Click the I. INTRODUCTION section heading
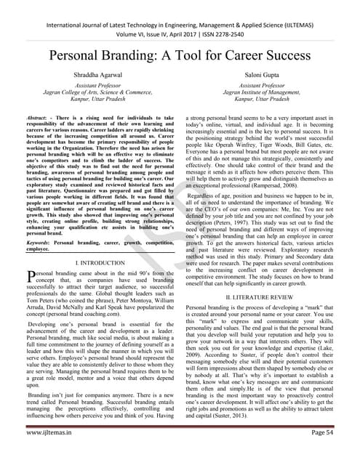click(98, 259)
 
